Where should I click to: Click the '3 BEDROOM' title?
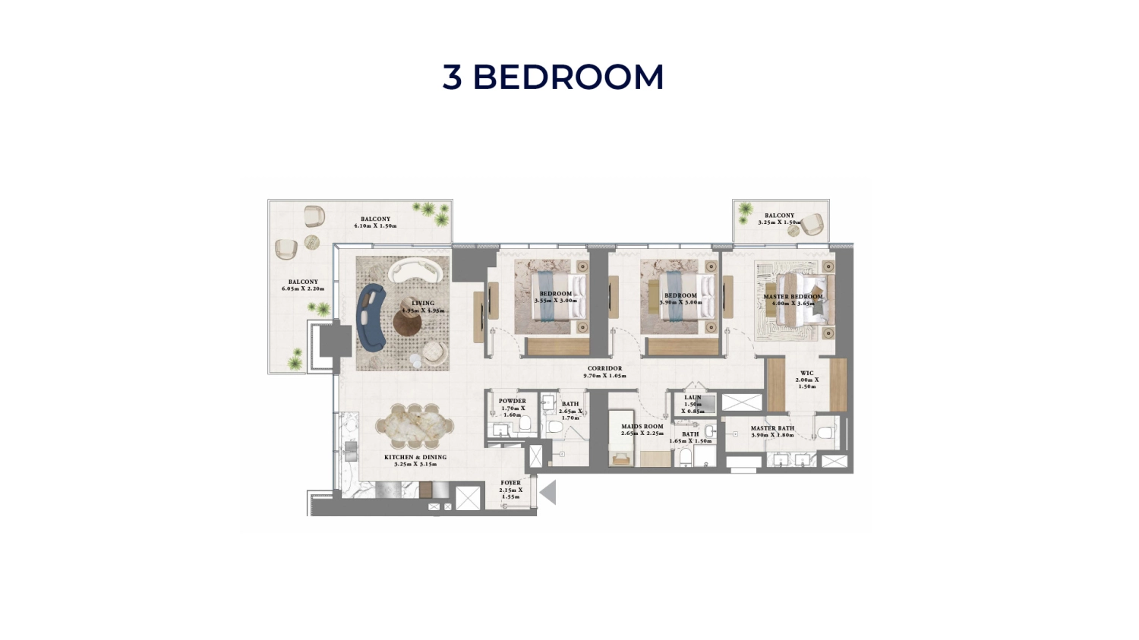point(553,77)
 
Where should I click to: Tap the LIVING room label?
point(423,304)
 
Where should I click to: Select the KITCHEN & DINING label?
point(415,458)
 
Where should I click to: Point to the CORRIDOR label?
point(604,369)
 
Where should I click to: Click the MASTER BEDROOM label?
point(793,297)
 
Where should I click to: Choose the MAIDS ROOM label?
point(642,427)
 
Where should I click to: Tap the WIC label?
point(806,374)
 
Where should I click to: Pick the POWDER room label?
point(512,401)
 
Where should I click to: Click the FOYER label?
point(510,483)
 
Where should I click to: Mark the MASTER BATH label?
point(772,428)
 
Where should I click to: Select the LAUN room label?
point(693,398)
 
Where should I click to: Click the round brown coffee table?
point(407,322)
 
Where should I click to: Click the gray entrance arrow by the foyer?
point(548,493)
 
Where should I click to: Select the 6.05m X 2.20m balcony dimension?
point(303,289)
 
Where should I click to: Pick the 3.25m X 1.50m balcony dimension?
point(779,222)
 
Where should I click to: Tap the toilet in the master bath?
point(825,433)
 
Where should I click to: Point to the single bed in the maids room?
point(621,441)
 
